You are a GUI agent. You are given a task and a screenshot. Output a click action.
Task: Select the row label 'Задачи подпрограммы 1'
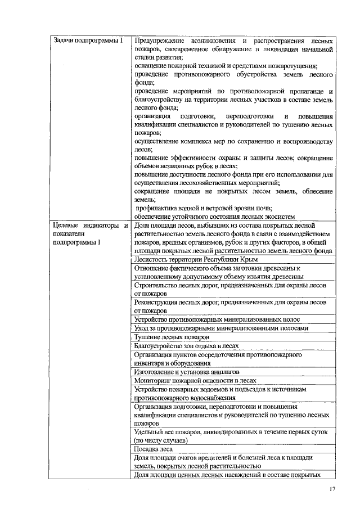click(88, 41)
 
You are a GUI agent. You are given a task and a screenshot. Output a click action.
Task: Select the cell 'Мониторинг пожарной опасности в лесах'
click(195, 380)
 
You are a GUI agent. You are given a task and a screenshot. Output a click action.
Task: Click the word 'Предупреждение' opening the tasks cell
click(162, 41)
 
